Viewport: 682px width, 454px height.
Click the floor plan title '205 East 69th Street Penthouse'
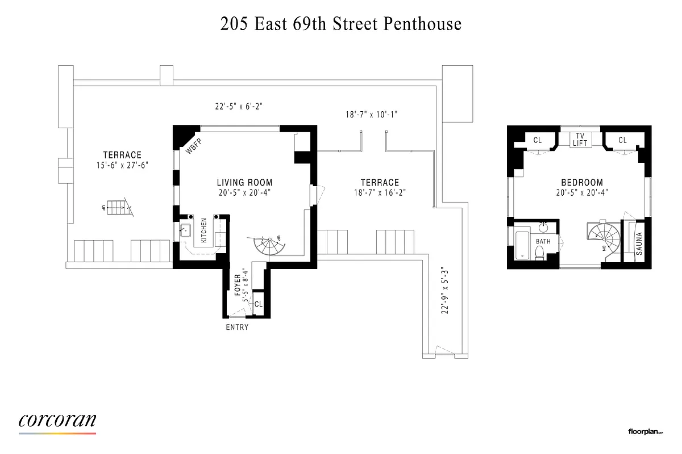341,24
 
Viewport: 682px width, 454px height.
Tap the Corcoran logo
57,421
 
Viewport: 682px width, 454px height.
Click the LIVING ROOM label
244,183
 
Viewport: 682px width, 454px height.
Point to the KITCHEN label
203,230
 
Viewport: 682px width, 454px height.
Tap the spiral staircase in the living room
268,246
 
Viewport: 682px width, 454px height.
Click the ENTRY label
237,327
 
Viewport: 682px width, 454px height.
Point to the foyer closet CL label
259,305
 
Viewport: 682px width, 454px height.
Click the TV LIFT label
580,140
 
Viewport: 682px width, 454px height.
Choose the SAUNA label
639,243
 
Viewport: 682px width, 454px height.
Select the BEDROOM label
581,183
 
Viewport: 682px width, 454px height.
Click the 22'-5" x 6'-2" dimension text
239,106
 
